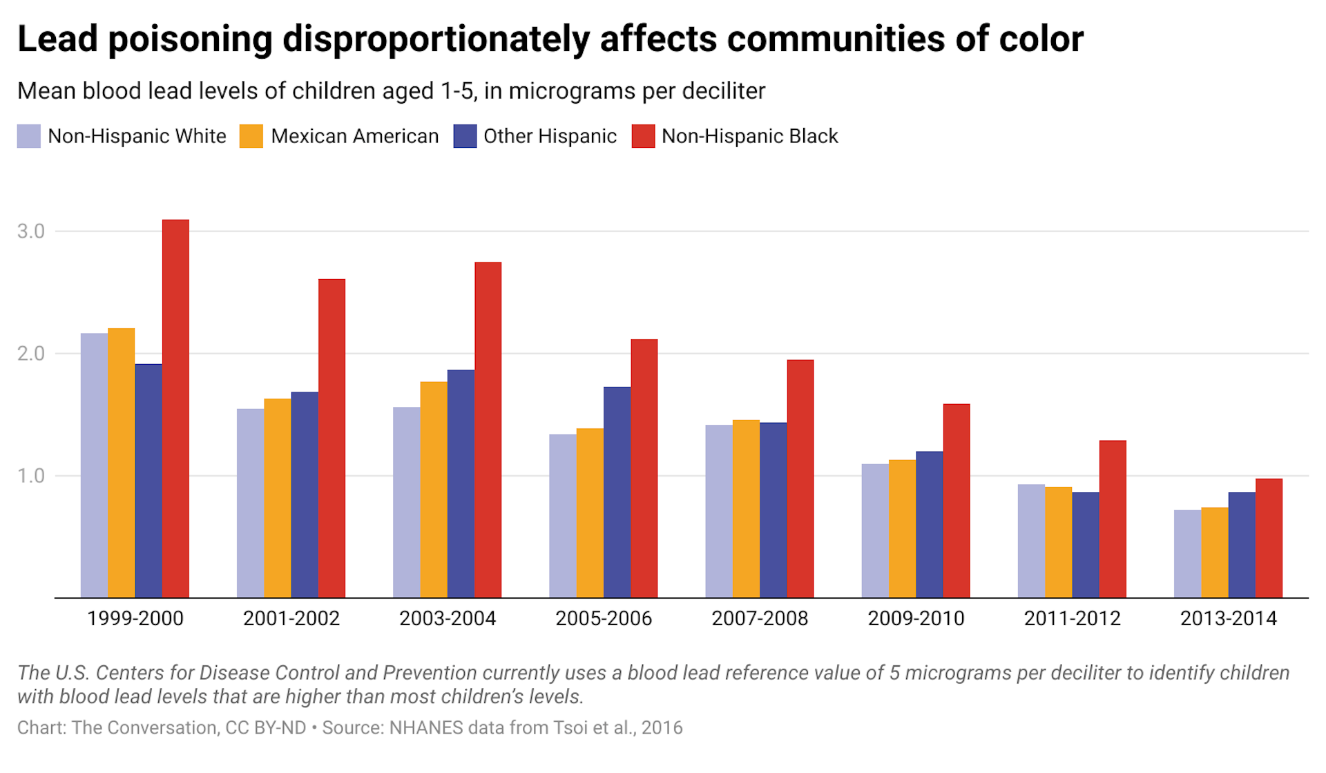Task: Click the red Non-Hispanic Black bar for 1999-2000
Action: (x=175, y=408)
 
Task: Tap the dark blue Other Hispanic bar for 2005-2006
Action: (x=617, y=492)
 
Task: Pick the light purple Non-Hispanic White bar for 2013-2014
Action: (x=1187, y=553)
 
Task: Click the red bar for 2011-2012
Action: (x=1113, y=519)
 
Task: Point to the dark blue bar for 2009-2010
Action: (x=930, y=524)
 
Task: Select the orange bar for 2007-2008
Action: (x=746, y=508)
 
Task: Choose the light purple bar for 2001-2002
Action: (x=250, y=503)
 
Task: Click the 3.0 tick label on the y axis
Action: (x=31, y=231)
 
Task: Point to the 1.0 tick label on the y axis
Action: (x=31, y=476)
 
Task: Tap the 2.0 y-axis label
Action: (x=31, y=354)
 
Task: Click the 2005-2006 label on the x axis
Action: (x=604, y=618)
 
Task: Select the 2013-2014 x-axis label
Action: (x=1228, y=618)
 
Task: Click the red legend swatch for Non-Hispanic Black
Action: (x=643, y=136)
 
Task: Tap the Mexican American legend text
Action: (x=354, y=136)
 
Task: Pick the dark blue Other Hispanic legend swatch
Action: (x=465, y=136)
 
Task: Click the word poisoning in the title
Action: (x=190, y=40)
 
